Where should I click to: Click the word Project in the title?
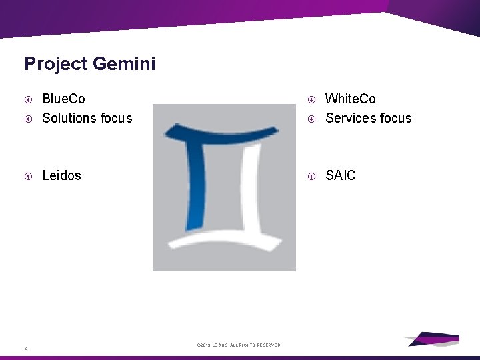click(x=56, y=64)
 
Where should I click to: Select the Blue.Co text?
click(x=63, y=99)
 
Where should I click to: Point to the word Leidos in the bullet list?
click(x=61, y=175)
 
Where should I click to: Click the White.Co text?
click(x=350, y=99)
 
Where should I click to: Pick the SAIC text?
click(x=340, y=175)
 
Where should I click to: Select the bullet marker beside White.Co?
click(x=311, y=99)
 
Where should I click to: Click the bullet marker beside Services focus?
click(x=311, y=119)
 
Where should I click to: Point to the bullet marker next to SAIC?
click(x=311, y=176)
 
